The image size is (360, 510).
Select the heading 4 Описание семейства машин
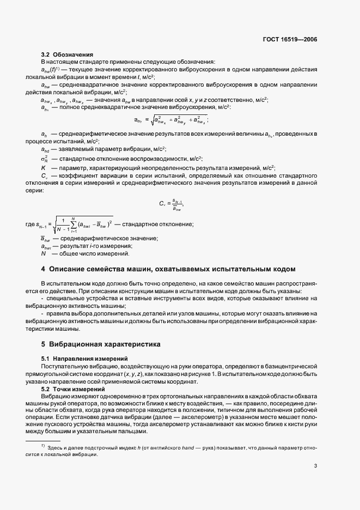coord(168,269)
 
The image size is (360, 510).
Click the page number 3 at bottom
coord(315,465)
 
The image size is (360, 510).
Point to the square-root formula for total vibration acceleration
coord(171,120)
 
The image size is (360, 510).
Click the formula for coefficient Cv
coord(171,204)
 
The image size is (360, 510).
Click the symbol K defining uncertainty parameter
coord(43,168)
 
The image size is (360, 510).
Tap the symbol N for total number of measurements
coord(43,253)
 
